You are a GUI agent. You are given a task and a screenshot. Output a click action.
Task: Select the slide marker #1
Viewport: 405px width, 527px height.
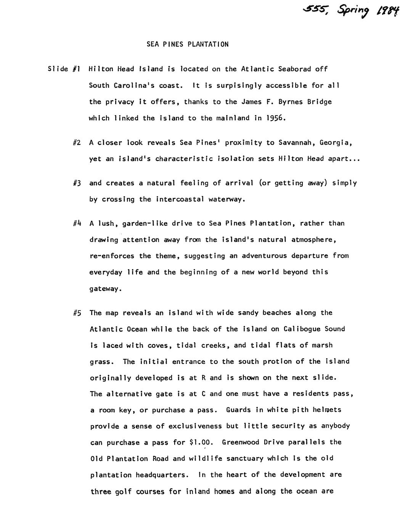click(x=76, y=69)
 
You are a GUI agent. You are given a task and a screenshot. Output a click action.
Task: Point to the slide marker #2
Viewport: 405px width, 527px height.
click(x=77, y=142)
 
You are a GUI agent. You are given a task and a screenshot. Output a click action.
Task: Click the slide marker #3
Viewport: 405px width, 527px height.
click(x=77, y=183)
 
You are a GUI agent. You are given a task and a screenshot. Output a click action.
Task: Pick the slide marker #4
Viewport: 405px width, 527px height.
click(x=77, y=223)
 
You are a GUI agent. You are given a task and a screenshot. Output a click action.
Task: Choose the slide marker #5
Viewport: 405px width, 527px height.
click(x=77, y=313)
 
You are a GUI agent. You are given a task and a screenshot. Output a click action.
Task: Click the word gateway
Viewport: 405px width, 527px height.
click(x=105, y=289)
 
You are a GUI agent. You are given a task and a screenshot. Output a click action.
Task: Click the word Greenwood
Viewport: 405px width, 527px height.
click(x=240, y=442)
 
